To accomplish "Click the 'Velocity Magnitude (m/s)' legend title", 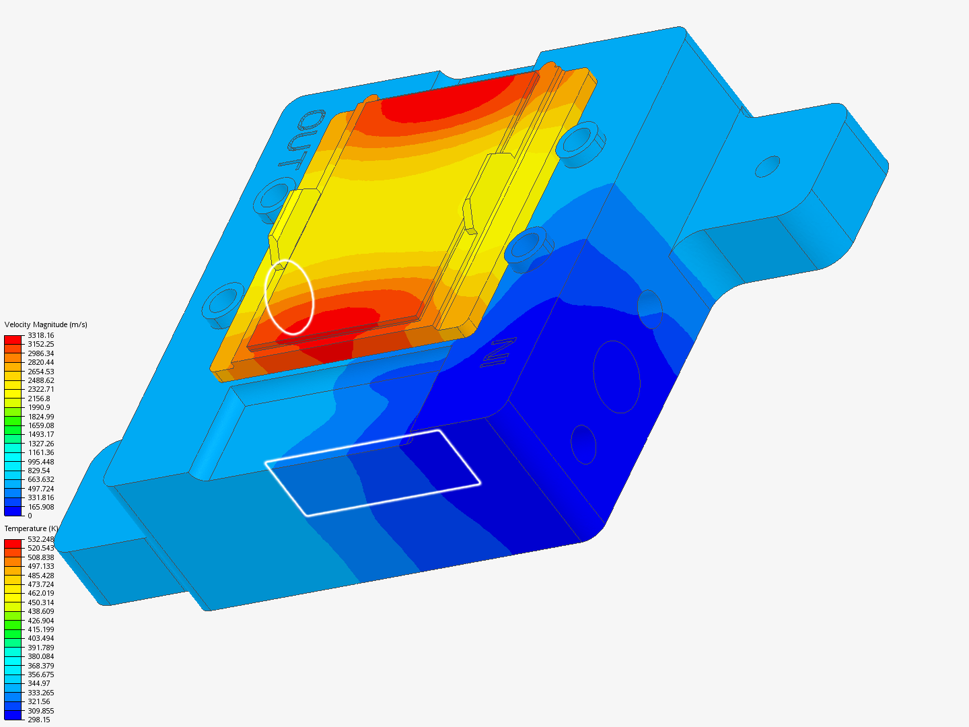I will click(x=46, y=324).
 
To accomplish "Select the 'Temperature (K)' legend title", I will click(x=31, y=528).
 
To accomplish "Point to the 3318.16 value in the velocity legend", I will click(x=40, y=335).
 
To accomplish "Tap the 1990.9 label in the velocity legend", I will click(x=38, y=407).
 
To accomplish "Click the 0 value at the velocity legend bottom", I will click(x=30, y=516).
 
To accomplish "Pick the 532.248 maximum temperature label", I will click(x=40, y=539).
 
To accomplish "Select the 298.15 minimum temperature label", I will click(x=38, y=720).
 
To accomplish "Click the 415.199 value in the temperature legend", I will click(x=40, y=629).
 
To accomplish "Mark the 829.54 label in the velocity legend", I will click(x=38, y=471).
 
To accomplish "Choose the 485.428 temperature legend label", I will click(x=40, y=576).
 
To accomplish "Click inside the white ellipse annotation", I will click(x=289, y=297).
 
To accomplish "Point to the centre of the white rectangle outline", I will click(x=373, y=473).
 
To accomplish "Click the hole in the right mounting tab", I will click(x=767, y=166).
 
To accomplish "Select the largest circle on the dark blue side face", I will click(x=616, y=376).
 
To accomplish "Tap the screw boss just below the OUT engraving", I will click(x=275, y=196).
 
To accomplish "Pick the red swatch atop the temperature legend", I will click(x=13, y=543).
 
